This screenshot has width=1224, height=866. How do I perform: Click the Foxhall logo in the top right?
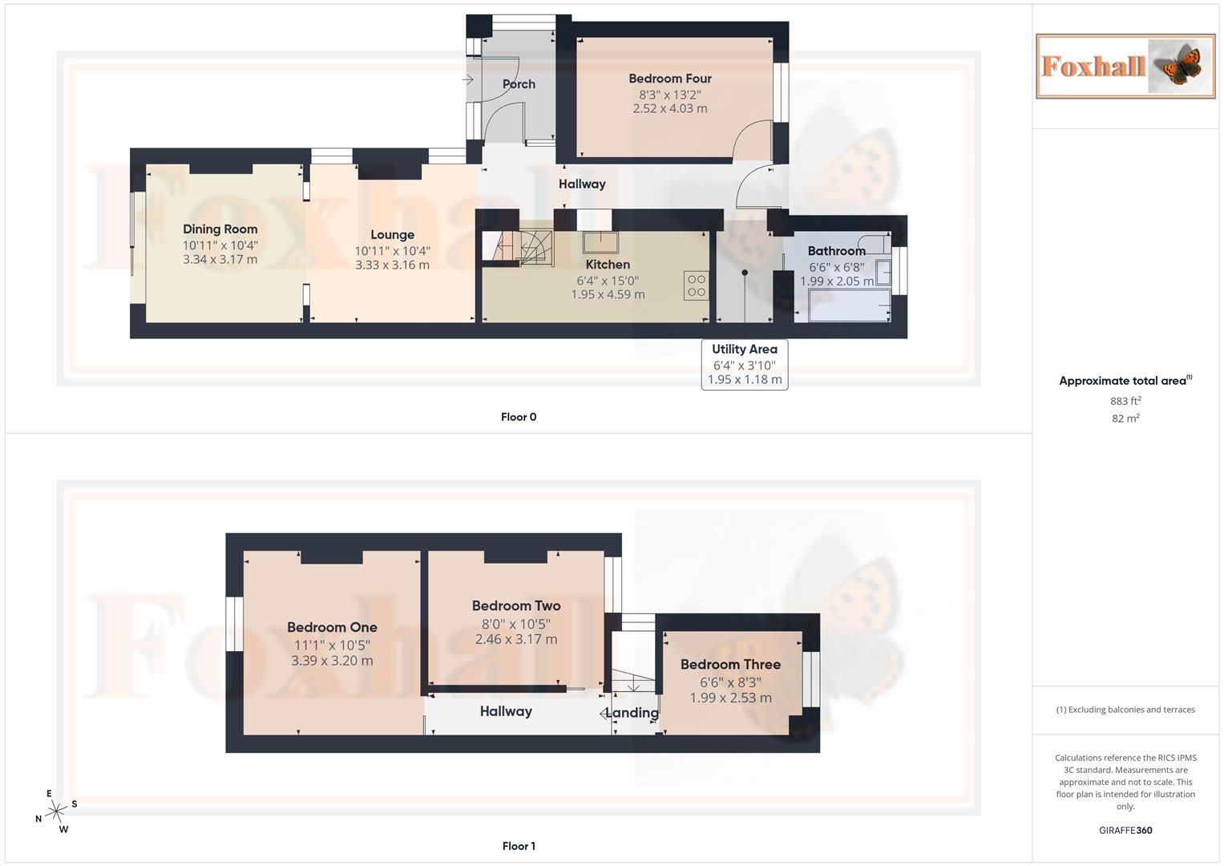[x=1125, y=66]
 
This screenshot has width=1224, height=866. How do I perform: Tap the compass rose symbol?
[x=55, y=812]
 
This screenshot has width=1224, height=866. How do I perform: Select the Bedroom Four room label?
[x=670, y=79]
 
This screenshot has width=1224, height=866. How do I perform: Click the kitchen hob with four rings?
[x=696, y=286]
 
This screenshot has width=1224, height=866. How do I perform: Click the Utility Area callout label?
[x=744, y=350]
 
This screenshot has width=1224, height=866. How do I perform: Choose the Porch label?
[x=519, y=84]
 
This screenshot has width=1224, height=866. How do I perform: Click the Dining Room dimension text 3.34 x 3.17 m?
[x=220, y=260]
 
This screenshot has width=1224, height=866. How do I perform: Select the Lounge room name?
[x=392, y=235]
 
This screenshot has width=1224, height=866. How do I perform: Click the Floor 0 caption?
[x=519, y=417]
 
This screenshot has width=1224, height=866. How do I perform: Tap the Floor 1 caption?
[x=519, y=846]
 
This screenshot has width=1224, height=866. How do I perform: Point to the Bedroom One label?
[x=332, y=628]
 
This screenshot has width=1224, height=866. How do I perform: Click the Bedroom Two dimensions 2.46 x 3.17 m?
[x=515, y=640]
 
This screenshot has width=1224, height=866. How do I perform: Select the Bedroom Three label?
[x=730, y=665]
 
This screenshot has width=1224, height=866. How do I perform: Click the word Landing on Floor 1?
[x=632, y=713]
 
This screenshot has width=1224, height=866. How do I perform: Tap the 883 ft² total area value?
[x=1125, y=401]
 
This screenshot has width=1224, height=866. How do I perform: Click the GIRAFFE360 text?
[x=1125, y=831]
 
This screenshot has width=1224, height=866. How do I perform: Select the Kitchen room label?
[x=608, y=265]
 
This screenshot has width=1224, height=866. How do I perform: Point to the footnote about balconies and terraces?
[x=1125, y=710]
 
